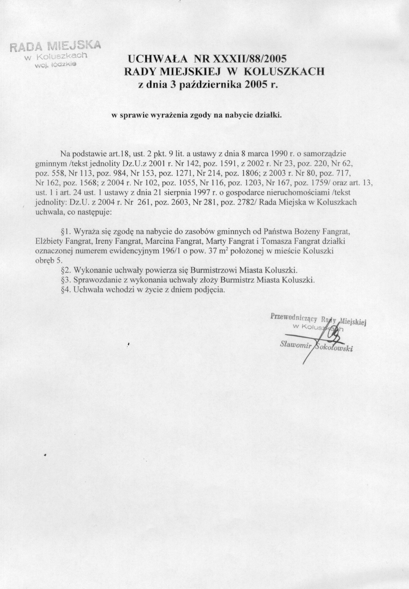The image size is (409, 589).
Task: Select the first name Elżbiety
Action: click(x=50, y=241)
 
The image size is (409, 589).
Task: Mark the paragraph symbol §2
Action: click(x=66, y=270)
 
